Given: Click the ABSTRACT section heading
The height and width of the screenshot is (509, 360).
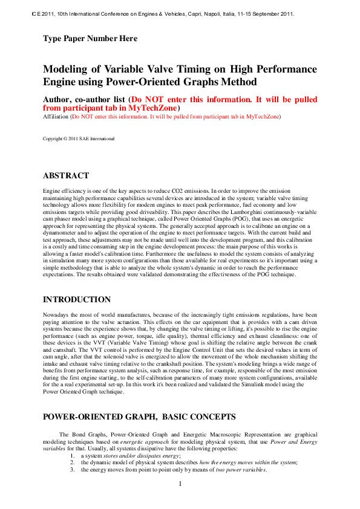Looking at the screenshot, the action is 66,176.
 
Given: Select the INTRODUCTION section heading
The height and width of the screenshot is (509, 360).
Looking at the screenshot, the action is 77,299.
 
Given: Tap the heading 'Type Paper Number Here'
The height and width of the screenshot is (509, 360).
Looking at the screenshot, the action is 90,39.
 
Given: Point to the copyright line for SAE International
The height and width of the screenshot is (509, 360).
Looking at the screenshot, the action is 78,138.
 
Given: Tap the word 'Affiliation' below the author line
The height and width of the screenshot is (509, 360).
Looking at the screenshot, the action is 56,115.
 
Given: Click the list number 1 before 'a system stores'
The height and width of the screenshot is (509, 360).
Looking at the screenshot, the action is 72,455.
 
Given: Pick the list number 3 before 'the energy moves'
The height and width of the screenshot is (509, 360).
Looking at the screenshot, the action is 72,470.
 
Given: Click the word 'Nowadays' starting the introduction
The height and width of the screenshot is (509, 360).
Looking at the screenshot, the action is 56,315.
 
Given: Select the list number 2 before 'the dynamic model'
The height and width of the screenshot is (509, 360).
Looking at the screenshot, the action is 72,462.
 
